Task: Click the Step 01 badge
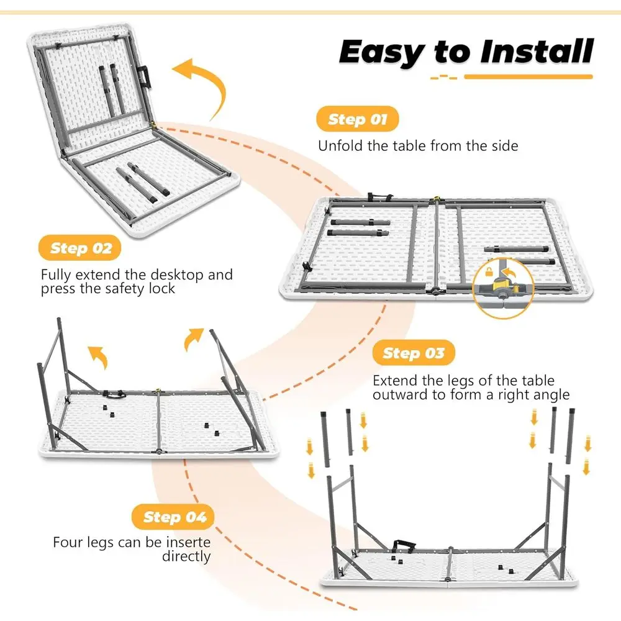357,119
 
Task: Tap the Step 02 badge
81,248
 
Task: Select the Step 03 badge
413,353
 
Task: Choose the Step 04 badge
175,517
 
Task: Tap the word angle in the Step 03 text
550,395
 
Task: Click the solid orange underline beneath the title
528,77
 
